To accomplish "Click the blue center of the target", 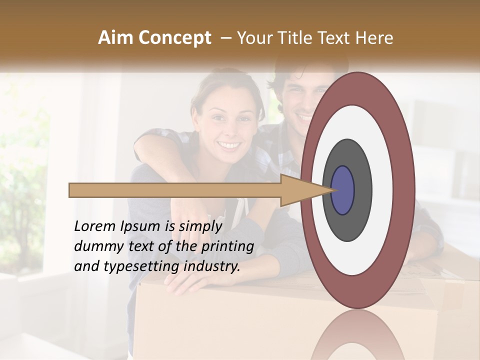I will click(x=343, y=190).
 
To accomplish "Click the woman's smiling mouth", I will click(x=229, y=145).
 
